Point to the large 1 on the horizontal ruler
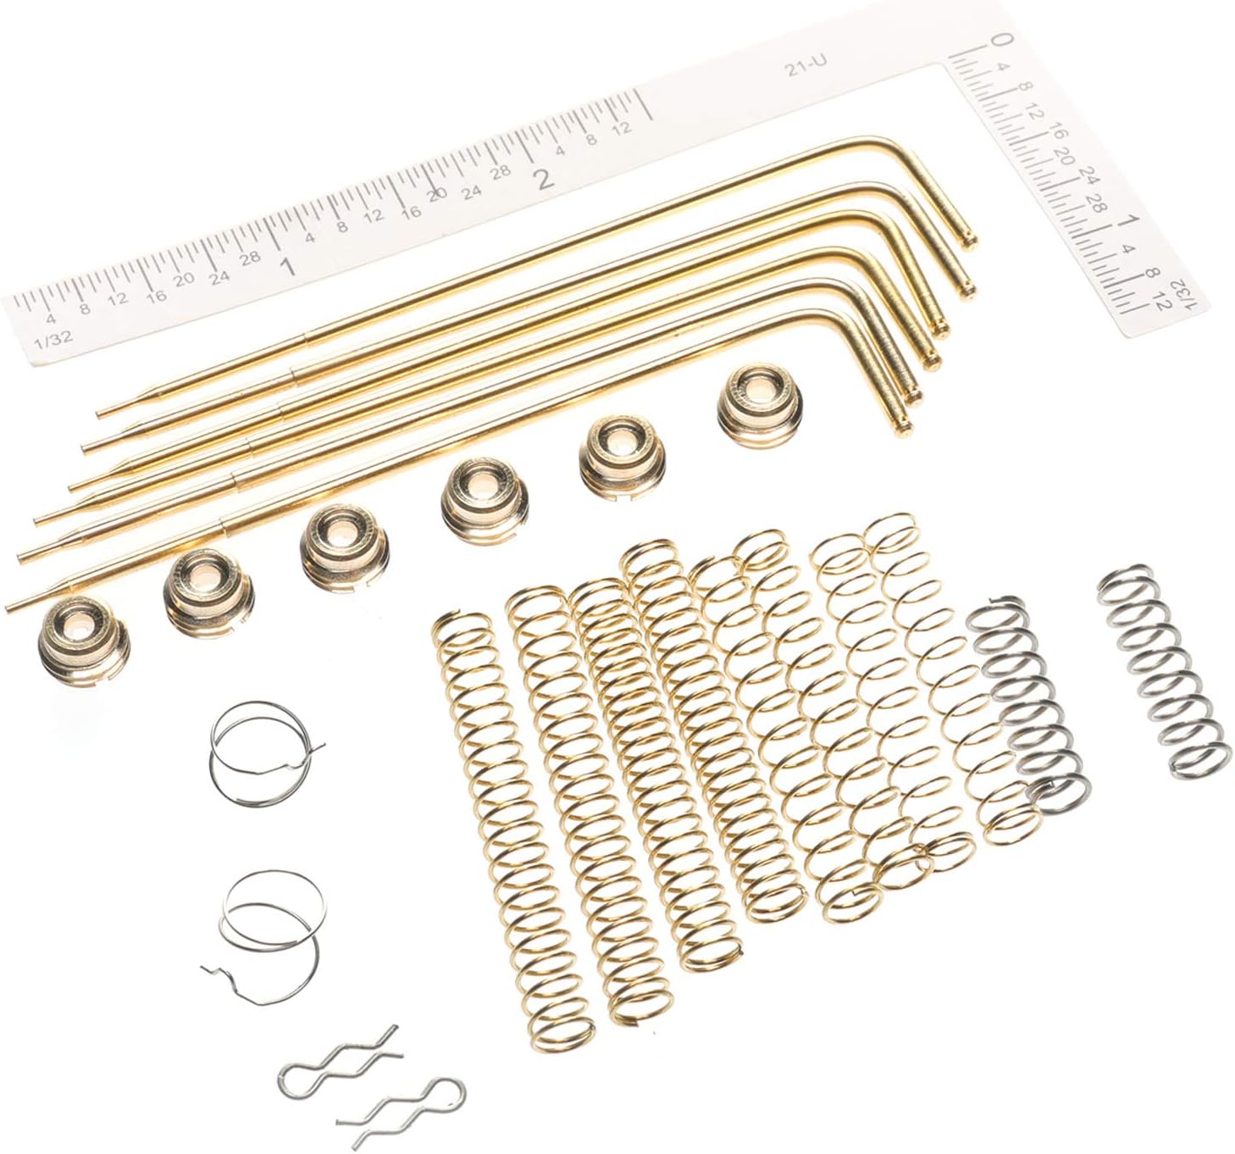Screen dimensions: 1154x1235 pos(286,268)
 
